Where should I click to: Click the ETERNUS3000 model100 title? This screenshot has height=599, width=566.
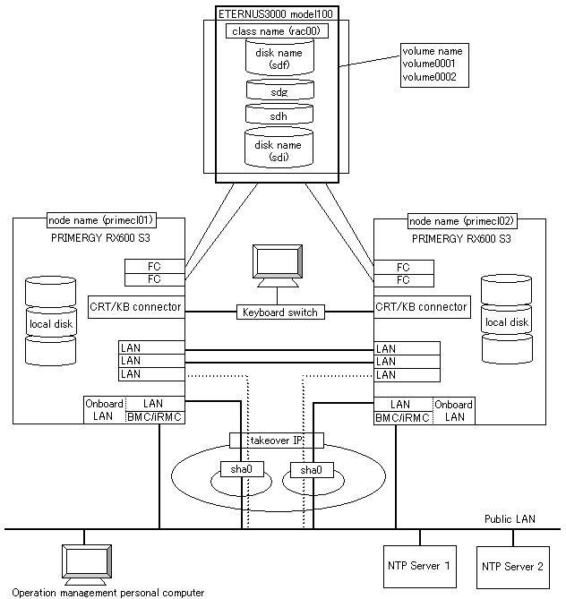point(276,14)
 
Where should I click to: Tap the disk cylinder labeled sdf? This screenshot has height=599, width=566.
point(278,58)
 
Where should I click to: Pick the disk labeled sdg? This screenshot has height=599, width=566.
point(278,91)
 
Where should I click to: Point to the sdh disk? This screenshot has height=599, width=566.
point(278,116)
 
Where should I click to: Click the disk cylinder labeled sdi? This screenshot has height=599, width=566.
point(278,150)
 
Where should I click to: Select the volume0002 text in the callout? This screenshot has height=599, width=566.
point(429,78)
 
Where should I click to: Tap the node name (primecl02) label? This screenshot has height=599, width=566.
point(462,220)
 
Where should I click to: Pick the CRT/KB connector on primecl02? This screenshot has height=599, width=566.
point(421,306)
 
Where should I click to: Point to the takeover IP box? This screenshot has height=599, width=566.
point(277,441)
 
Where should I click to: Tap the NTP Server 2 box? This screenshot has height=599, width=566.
point(512,566)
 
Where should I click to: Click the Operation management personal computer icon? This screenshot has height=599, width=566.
point(82,564)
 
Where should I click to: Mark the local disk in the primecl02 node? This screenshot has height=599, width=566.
point(507,321)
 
